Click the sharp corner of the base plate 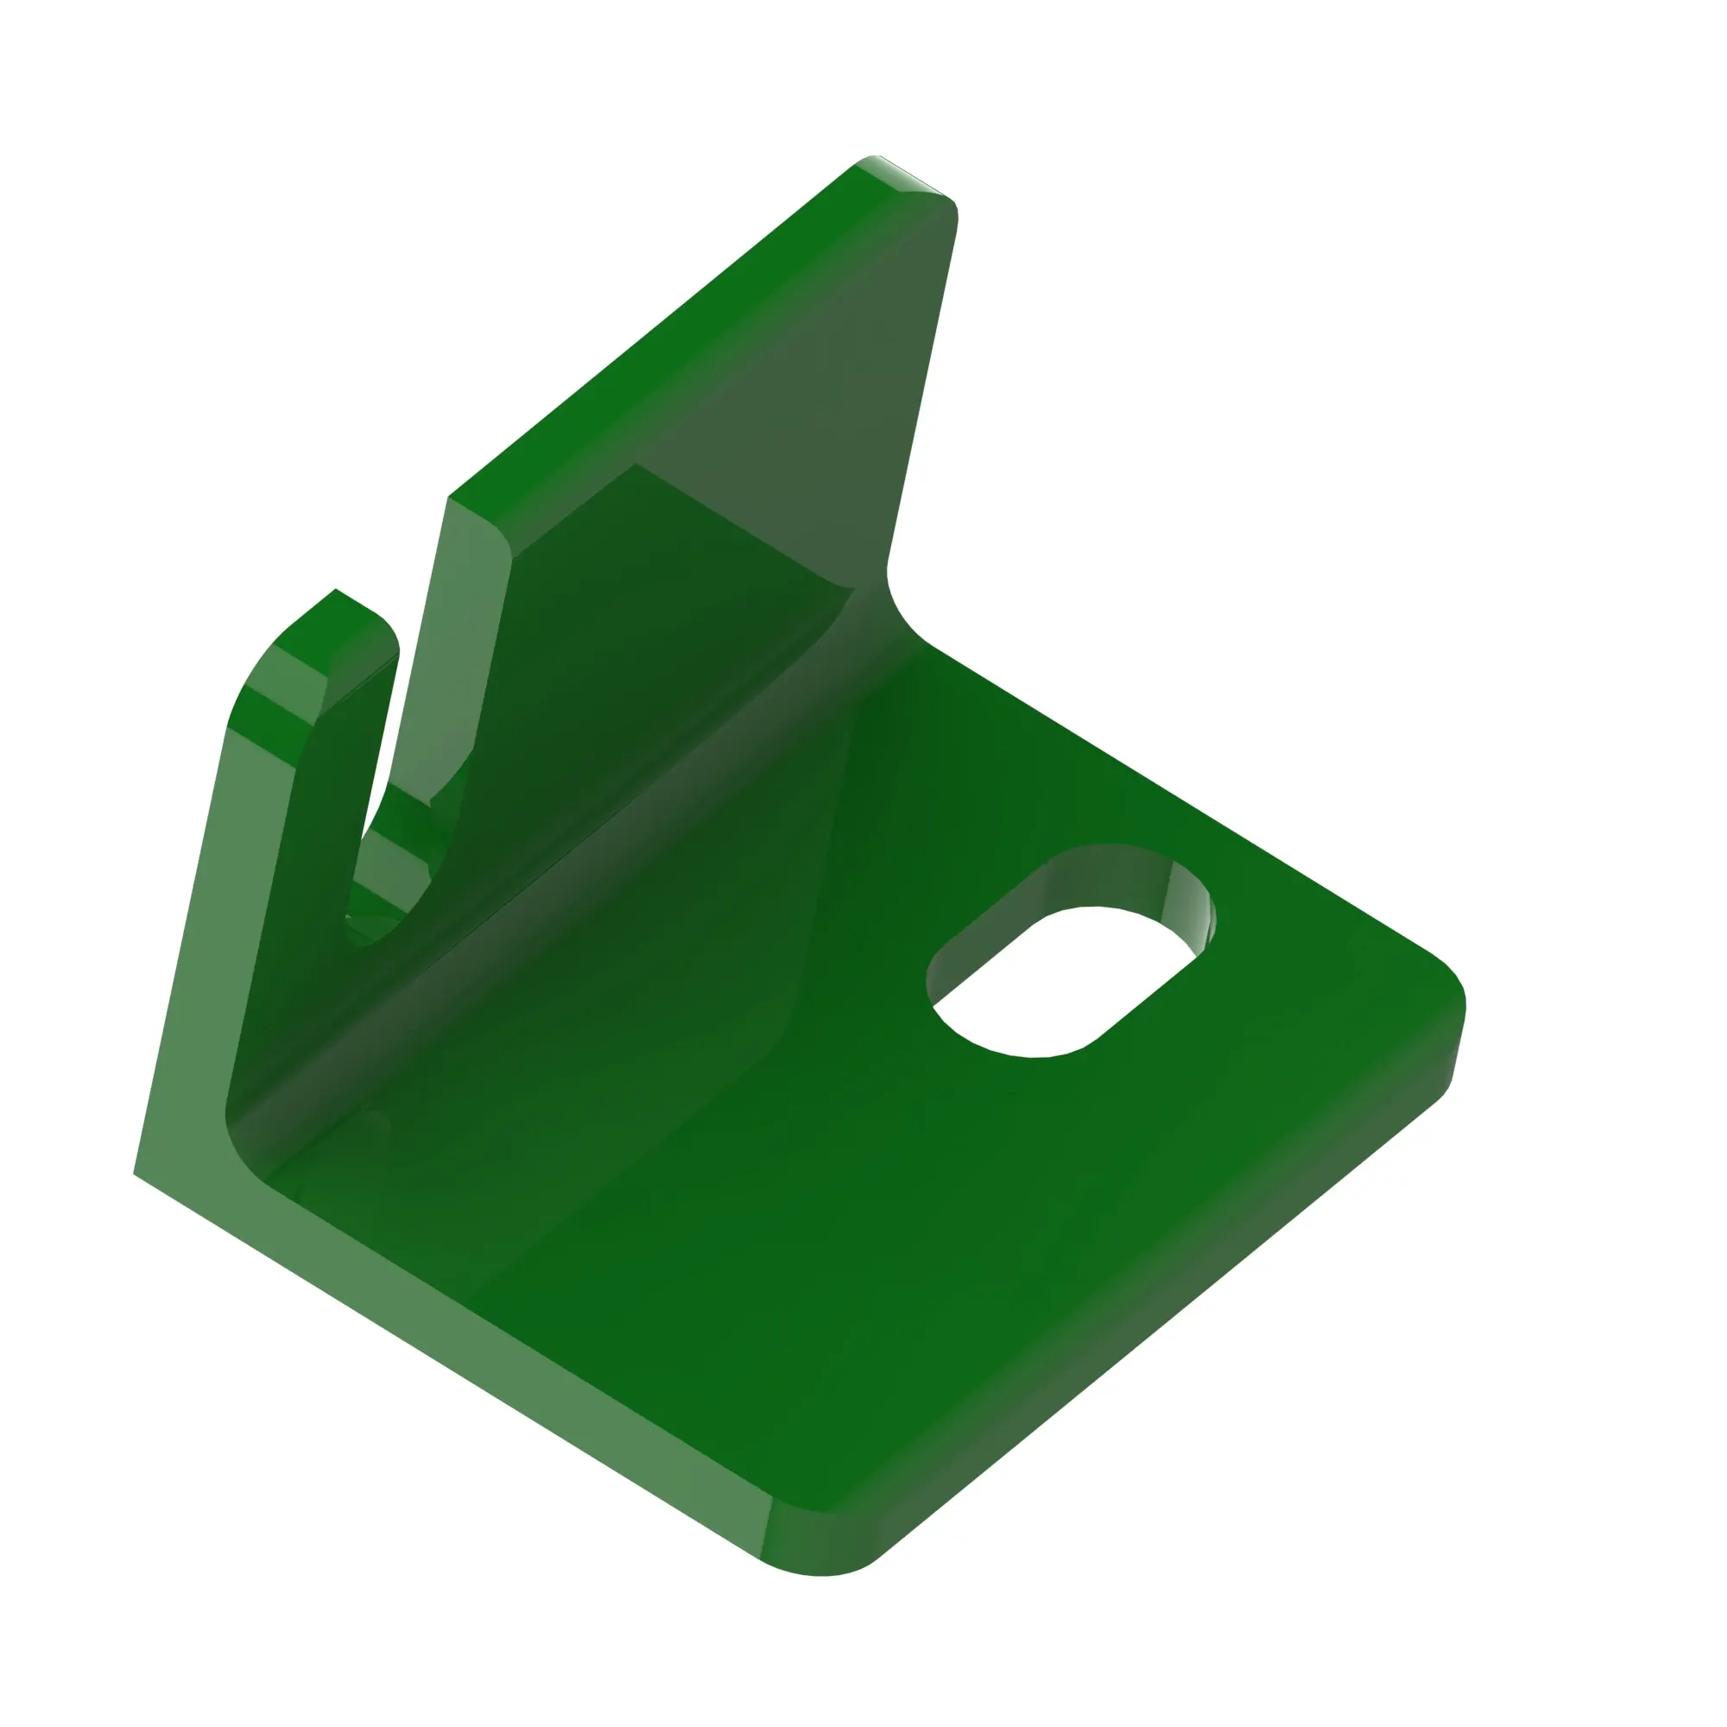click(136, 1173)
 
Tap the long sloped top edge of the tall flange click(653, 331)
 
